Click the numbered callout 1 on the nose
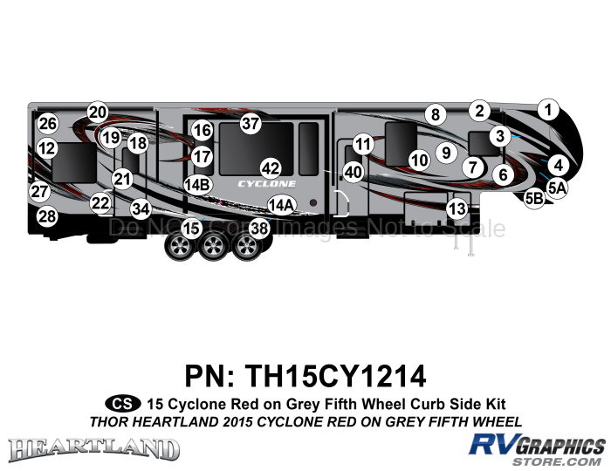click(x=547, y=110)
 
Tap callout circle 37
click(x=251, y=123)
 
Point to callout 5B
click(x=535, y=199)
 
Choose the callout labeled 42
click(x=270, y=167)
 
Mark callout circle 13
click(x=457, y=208)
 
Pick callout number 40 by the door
click(x=353, y=173)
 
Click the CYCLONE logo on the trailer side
click(x=267, y=184)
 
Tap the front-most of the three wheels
click(x=247, y=247)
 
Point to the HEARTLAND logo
click(x=93, y=448)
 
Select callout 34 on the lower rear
click(x=141, y=208)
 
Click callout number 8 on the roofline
click(x=435, y=113)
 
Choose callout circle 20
click(x=97, y=112)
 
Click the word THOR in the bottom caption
click(x=109, y=421)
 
